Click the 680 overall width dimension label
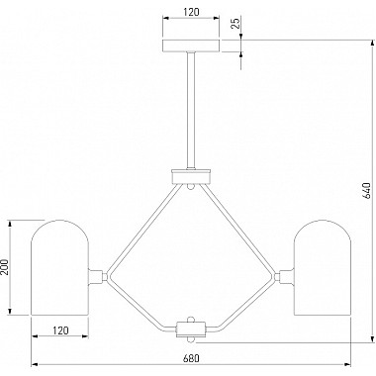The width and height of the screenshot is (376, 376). point(191,358)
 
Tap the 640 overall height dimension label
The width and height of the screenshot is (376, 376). point(366,191)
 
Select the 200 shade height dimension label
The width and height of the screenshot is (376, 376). point(4,266)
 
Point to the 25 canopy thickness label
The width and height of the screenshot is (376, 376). point(236,23)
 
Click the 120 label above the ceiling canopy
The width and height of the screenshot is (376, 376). point(191,12)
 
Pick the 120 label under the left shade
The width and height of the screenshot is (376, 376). point(59,330)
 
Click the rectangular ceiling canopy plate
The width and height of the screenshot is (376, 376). point(191,46)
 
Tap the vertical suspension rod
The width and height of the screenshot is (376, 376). point(191,111)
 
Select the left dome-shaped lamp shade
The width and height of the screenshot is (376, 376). point(59,267)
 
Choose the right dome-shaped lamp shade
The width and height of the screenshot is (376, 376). point(323,267)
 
